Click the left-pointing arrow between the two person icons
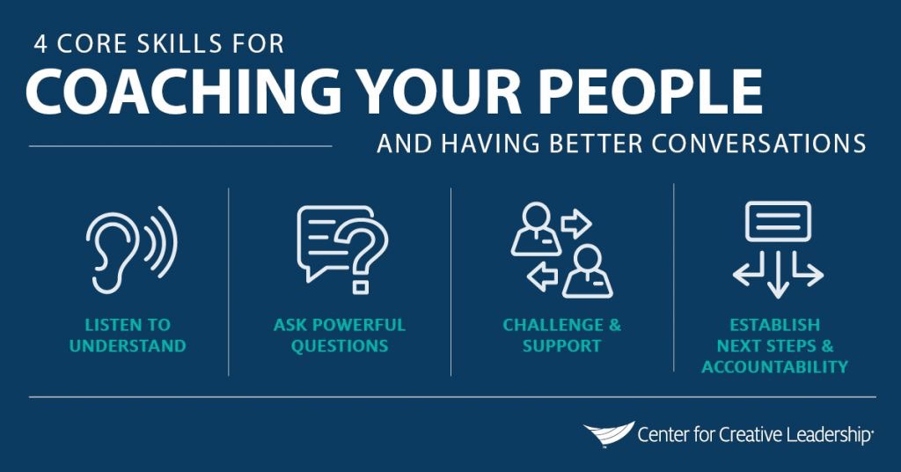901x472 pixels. click(542, 277)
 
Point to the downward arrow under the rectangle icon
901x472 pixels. click(778, 274)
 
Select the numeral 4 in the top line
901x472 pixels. click(40, 44)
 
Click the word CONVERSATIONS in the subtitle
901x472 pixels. click(758, 144)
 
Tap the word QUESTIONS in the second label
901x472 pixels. click(340, 346)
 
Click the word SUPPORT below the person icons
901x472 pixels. click(562, 346)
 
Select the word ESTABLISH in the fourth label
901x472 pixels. click(774, 325)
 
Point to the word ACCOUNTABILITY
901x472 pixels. click(774, 367)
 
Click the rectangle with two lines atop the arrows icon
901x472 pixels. click(778, 221)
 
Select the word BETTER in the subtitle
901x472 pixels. click(596, 144)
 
